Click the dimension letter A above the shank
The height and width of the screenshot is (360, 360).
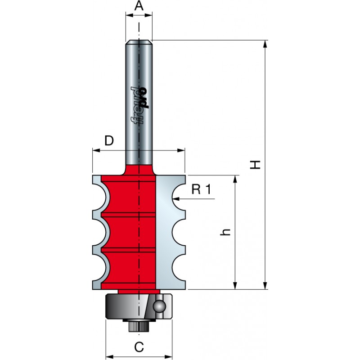tap(139, 6)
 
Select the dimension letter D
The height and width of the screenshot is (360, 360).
tap(109, 140)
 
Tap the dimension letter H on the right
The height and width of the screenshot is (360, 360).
tap(255, 165)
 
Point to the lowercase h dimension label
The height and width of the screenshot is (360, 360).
tap(225, 232)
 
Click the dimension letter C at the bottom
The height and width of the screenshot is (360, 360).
tap(139, 347)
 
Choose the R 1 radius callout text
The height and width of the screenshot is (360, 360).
tap(201, 189)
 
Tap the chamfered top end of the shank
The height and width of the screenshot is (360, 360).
tap(139, 42)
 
